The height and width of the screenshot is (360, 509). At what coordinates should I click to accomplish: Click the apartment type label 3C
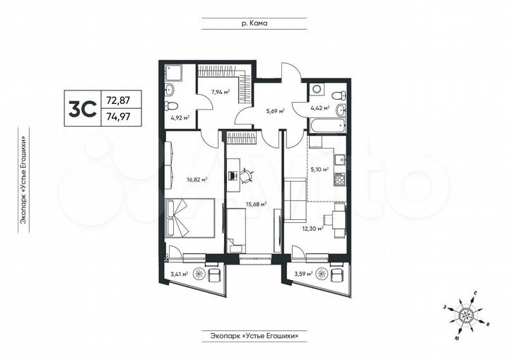click(x=82, y=109)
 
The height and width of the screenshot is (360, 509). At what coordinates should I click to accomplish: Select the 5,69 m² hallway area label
click(x=274, y=111)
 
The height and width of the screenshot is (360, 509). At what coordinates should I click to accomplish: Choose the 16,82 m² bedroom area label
click(x=196, y=180)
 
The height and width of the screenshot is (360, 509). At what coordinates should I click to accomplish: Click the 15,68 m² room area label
click(x=256, y=204)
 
